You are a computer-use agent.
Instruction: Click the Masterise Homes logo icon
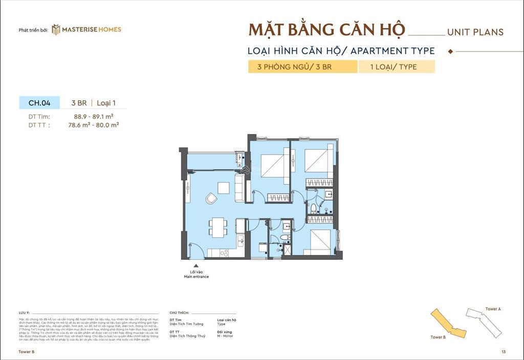click(x=56, y=29)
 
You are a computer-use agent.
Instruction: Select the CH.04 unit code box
click(x=39, y=103)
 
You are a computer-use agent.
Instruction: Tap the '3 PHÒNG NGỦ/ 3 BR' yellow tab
click(x=302, y=67)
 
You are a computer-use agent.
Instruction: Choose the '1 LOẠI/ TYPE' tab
click(x=397, y=67)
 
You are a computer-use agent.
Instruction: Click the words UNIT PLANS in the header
click(x=475, y=32)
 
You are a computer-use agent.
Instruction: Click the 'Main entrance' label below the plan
click(x=196, y=277)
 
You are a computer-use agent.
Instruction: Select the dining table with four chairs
click(x=217, y=227)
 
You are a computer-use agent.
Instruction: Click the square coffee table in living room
click(x=223, y=188)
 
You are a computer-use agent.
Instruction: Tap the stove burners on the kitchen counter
click(x=224, y=252)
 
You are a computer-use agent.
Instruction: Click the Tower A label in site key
click(x=493, y=309)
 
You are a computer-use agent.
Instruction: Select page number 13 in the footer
click(x=504, y=352)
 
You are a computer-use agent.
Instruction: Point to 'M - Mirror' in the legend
click(x=227, y=336)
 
